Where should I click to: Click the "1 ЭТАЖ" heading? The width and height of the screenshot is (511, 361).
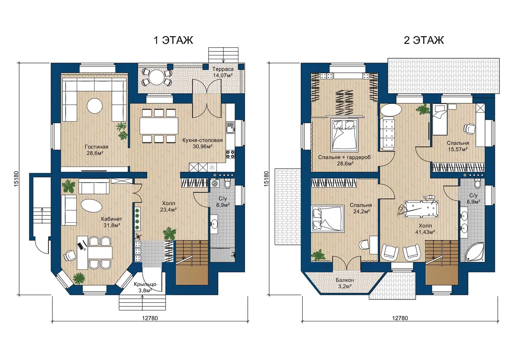click(x=173, y=40)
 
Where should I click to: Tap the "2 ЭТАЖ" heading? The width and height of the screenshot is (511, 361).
click(x=424, y=40)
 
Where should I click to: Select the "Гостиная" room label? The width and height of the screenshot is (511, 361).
click(x=97, y=147)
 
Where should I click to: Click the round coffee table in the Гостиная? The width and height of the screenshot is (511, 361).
click(x=95, y=106)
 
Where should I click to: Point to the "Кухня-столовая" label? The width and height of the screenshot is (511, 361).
click(x=202, y=140)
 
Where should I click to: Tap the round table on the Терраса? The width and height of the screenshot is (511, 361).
click(x=157, y=77)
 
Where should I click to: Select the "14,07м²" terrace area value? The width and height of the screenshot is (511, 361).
click(x=223, y=75)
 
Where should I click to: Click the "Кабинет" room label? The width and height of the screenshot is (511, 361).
click(x=112, y=219)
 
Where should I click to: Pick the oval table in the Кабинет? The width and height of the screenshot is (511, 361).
click(x=92, y=206)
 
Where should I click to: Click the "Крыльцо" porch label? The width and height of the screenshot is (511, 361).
click(x=145, y=284)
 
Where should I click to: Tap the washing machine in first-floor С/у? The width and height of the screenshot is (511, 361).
click(x=215, y=183)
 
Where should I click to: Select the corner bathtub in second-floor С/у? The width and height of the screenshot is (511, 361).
click(x=474, y=252)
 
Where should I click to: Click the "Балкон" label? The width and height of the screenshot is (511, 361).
click(x=344, y=280)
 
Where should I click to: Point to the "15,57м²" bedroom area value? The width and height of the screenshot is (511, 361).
click(x=458, y=149)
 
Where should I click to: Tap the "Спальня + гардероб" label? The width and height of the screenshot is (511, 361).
click(x=344, y=157)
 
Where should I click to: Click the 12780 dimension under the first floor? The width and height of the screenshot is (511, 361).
click(x=150, y=318)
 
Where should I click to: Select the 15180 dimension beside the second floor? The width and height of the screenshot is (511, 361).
click(x=266, y=179)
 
